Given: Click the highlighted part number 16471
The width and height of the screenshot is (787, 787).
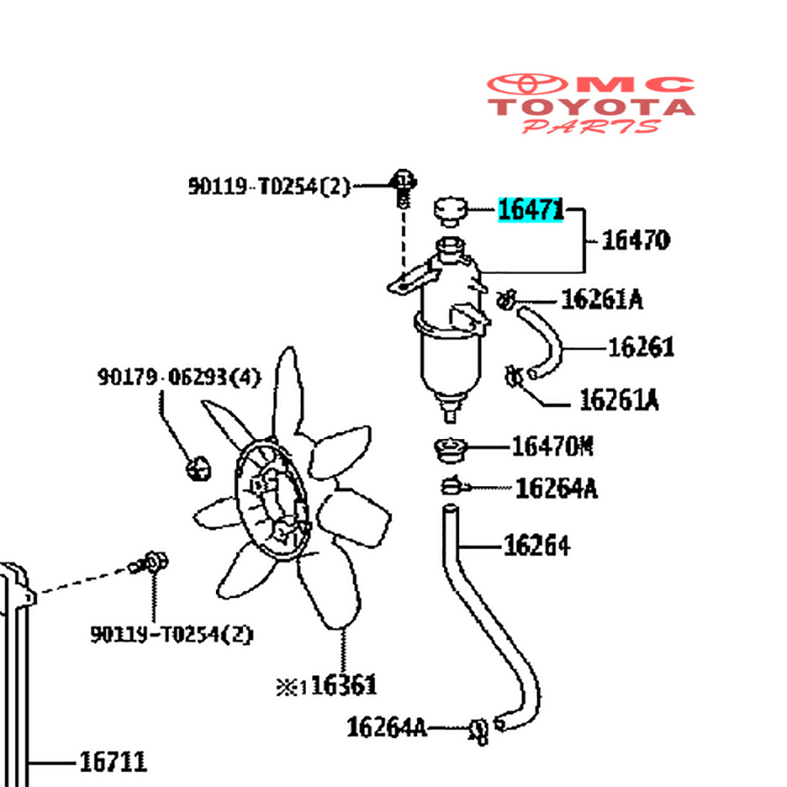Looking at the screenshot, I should pyautogui.click(x=530, y=210).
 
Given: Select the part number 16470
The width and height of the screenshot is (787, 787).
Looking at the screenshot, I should pyautogui.click(x=636, y=240).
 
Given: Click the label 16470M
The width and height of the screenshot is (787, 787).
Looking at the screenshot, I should pyautogui.click(x=552, y=447).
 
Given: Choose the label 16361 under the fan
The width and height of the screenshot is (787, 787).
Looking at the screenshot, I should pyautogui.click(x=343, y=685).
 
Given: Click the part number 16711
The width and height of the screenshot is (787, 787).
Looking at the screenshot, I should pyautogui.click(x=113, y=762).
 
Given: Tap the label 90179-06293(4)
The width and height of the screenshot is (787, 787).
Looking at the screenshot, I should pyautogui.click(x=178, y=378).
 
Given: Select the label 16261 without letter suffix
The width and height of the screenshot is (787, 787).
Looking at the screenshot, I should pyautogui.click(x=641, y=347).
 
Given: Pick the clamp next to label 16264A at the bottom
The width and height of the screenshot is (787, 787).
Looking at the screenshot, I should pyautogui.click(x=477, y=728).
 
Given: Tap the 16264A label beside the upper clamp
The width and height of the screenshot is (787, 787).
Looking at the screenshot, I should pyautogui.click(x=556, y=488).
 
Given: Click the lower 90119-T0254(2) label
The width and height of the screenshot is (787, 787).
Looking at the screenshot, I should pyautogui.click(x=171, y=634).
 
